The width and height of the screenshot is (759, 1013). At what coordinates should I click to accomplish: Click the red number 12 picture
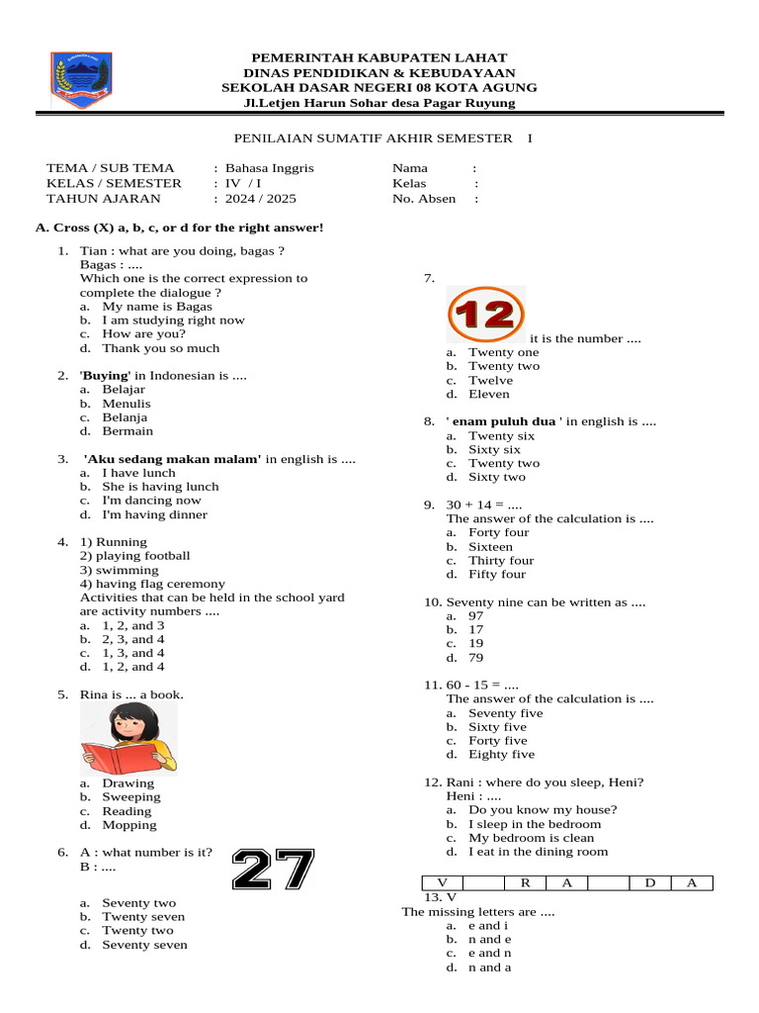[x=486, y=315]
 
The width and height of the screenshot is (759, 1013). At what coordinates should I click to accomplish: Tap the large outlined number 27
[x=273, y=870]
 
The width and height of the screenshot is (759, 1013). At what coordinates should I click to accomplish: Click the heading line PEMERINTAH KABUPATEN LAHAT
[x=379, y=58]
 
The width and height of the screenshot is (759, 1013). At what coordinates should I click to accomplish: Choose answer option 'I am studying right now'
[x=173, y=320]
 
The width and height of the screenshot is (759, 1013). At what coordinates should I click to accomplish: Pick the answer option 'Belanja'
[x=125, y=417]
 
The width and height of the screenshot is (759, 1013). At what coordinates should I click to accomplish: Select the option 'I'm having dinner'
[x=154, y=514]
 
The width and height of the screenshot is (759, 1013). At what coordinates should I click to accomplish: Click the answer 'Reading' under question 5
[x=126, y=811]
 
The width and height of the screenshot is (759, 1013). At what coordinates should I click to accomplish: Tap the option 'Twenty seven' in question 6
[x=143, y=916]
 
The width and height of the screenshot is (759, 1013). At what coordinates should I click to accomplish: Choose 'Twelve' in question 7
[x=490, y=380]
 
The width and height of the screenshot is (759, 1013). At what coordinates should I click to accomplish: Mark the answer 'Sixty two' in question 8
[x=497, y=477]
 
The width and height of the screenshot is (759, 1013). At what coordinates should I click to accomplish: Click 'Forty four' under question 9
[x=498, y=532]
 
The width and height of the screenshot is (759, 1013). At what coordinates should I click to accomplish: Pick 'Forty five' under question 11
[x=497, y=740]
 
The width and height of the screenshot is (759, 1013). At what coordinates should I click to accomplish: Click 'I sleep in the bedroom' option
[x=534, y=823]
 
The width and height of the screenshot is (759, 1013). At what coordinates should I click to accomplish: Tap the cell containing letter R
[x=526, y=882]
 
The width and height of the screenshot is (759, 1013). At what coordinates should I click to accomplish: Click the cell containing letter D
[x=650, y=882]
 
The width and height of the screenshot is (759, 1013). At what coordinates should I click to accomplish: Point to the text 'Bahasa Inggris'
[x=269, y=168]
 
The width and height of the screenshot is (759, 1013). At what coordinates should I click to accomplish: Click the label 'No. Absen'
[x=424, y=198]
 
